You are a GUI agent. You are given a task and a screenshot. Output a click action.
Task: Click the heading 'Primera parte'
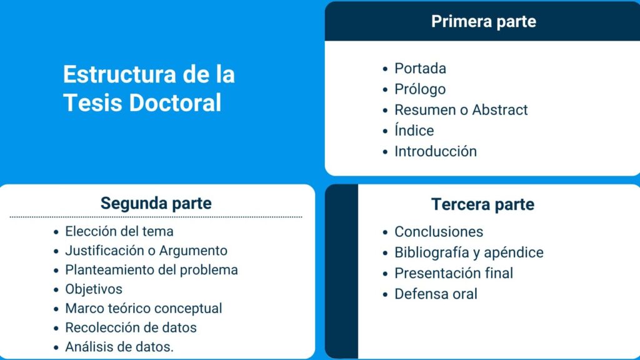click(x=484, y=22)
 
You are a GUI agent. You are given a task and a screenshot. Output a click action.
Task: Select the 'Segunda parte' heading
click(x=156, y=203)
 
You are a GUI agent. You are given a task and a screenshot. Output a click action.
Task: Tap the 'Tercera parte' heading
click(x=482, y=204)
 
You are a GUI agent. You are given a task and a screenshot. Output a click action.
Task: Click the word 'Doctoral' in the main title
click(x=175, y=102)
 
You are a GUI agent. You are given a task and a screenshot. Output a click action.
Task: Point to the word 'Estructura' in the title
click(x=119, y=74)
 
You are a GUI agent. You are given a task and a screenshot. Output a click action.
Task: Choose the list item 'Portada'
click(x=420, y=69)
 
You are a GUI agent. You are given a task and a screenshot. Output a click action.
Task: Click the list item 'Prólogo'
click(x=419, y=89)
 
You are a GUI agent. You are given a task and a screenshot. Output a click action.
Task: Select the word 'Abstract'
click(x=500, y=110)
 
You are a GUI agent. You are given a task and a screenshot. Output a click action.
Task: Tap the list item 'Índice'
click(x=414, y=130)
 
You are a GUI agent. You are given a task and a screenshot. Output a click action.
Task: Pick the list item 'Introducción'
click(x=436, y=151)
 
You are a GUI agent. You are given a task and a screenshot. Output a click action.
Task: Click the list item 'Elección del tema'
click(x=119, y=231)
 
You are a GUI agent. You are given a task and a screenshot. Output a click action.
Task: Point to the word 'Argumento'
click(x=193, y=251)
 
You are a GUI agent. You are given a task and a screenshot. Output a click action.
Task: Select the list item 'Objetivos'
click(x=94, y=289)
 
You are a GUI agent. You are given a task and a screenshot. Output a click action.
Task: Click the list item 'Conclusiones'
click(x=439, y=232)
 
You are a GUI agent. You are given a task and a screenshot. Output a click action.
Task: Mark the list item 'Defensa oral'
click(x=436, y=294)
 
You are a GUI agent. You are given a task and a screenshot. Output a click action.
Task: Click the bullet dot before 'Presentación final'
click(x=385, y=274)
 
